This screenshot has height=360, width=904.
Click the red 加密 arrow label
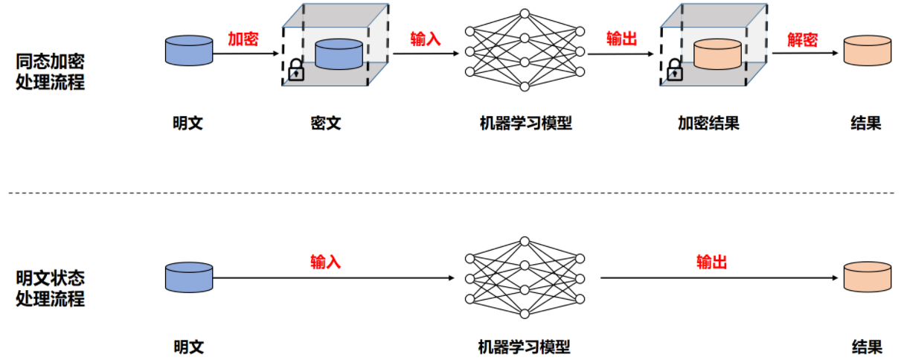[243, 39]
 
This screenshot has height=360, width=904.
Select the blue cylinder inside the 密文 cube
[338, 54]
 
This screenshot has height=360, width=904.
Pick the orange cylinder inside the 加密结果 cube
[717, 54]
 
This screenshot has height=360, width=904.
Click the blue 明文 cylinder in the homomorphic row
[189, 49]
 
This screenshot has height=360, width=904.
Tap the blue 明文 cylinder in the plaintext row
[189, 277]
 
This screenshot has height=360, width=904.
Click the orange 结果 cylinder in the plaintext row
[867, 277]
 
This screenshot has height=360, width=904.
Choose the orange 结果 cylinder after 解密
[867, 50]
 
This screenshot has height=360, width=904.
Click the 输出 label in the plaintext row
[711, 261]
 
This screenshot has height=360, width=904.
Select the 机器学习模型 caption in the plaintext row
[524, 347]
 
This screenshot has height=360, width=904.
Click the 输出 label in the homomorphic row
[621, 39]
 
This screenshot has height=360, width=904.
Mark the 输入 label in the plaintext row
[325, 261]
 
